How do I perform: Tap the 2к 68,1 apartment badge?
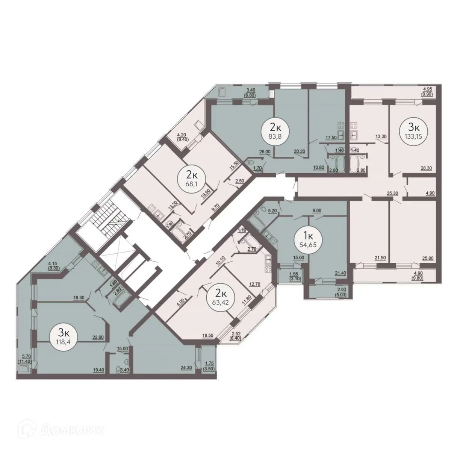[192, 178]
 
